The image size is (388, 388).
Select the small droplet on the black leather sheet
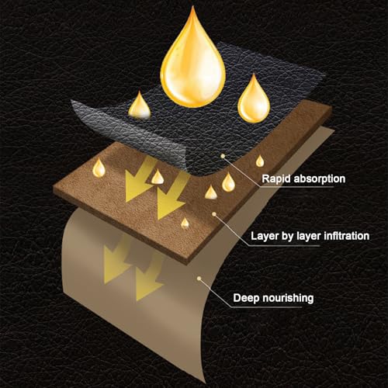(140, 107)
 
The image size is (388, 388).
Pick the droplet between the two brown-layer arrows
(158, 178)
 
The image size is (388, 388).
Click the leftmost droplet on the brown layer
(99, 169)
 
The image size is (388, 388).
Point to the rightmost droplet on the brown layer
(260, 161)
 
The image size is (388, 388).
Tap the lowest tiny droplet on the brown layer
(185, 223)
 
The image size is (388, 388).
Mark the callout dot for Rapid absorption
(223, 156)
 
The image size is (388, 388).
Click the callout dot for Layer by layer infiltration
(214, 214)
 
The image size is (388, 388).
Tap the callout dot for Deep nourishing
(199, 279)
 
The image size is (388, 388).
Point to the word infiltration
(347, 236)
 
